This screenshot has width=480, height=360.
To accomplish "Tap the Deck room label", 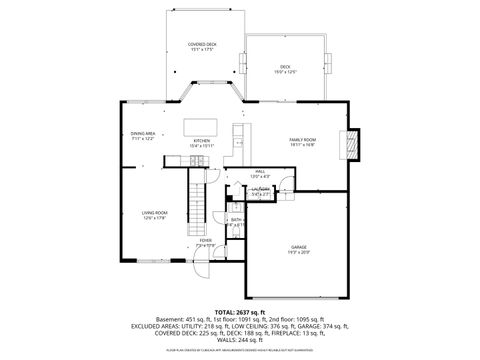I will tap(285, 66).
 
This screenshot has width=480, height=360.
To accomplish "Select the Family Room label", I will tap(302, 139).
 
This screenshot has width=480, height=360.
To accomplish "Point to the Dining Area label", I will tap(142, 133).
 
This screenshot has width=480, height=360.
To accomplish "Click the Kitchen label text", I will tap(201, 141).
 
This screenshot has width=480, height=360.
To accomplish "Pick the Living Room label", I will tap(153, 213).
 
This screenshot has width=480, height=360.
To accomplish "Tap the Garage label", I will tap(299, 246).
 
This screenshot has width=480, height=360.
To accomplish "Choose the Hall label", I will tap(259, 172).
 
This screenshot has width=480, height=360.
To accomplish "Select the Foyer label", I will tap(205, 240).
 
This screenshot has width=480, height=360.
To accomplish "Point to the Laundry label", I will tap(260, 189).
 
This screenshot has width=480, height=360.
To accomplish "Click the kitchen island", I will tap(200, 127).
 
